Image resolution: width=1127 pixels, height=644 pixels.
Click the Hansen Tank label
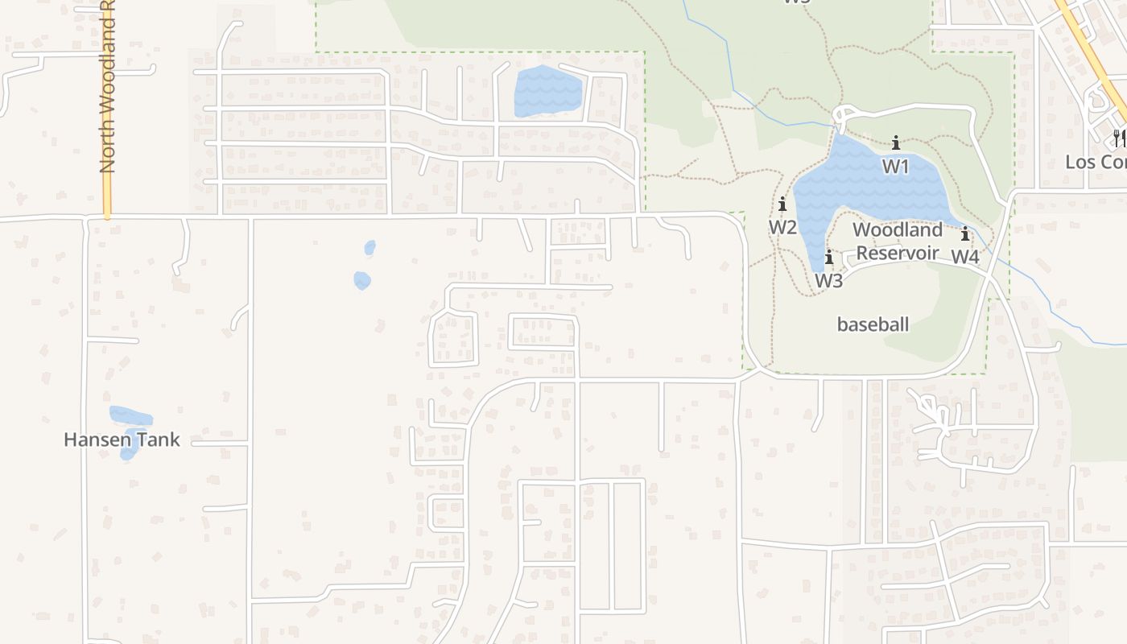pyautogui.click(x=122, y=440)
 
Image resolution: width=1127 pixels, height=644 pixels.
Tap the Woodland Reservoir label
pyautogui.click(x=897, y=241)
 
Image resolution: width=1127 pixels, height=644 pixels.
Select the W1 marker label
pyautogui.click(x=895, y=166)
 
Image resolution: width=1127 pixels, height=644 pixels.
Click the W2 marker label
pyautogui.click(x=782, y=227)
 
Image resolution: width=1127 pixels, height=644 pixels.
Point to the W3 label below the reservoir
pyautogui.click(x=828, y=280)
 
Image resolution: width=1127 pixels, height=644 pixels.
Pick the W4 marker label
pyautogui.click(x=965, y=257)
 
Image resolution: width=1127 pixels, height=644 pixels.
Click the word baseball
pyautogui.click(x=873, y=324)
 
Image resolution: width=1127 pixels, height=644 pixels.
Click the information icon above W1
pyautogui.click(x=895, y=143)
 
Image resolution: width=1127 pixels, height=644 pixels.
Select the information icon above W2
pyautogui.click(x=782, y=204)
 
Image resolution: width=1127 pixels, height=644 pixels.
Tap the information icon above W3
pyautogui.click(x=828, y=258)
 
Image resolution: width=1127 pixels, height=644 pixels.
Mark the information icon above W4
pyautogui.click(x=964, y=234)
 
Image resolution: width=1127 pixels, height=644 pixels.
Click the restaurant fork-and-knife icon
pyautogui.click(x=1119, y=138)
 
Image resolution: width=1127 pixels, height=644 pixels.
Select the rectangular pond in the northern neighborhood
pyautogui.click(x=547, y=91)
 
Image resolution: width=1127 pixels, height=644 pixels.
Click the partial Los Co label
pyautogui.click(x=1095, y=162)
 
